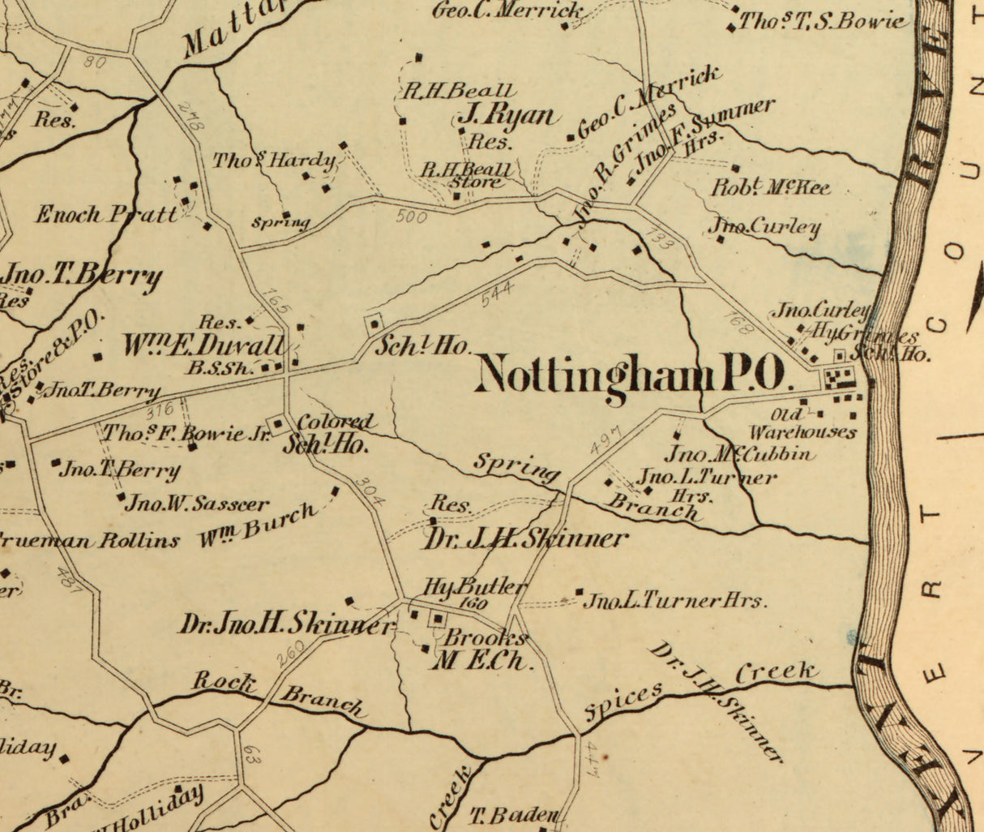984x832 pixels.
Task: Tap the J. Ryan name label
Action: coord(508,117)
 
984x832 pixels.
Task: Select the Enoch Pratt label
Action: coord(105,215)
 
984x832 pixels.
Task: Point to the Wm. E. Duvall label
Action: coord(203,345)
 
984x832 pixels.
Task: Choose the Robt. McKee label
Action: coord(771,188)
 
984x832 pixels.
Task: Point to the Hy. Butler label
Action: coord(475,587)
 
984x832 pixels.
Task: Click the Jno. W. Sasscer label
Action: coord(197,504)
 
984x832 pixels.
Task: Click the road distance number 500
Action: coord(412,217)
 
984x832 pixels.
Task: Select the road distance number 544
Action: coord(496,294)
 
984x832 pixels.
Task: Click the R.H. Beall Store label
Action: coord(465,175)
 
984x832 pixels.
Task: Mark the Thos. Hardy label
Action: coord(274,161)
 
